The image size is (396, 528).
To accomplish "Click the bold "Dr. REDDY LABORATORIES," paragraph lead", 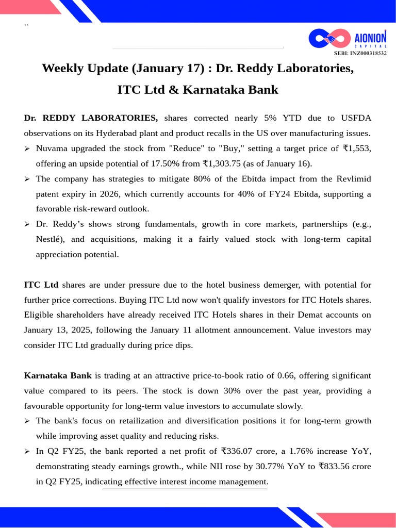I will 91,118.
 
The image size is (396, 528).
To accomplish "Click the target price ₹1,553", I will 357,148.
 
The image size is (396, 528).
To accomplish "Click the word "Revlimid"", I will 354,179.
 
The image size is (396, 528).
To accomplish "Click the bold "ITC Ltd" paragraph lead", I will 41,285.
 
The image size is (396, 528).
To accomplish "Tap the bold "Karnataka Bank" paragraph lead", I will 58,375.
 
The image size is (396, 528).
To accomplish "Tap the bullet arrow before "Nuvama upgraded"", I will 27,149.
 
